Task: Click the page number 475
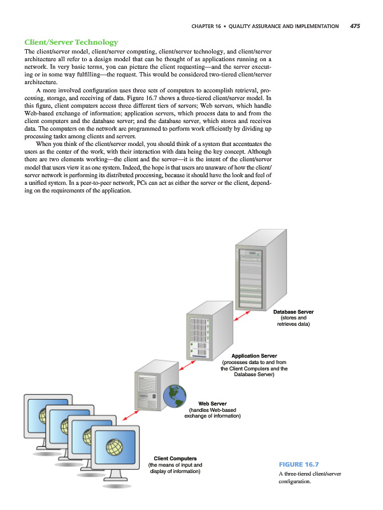pyautogui.click(x=355, y=26)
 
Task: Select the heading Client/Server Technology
pyautogui.click(x=71, y=42)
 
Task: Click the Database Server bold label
pyautogui.click(x=294, y=311)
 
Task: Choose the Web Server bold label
pyautogui.click(x=212, y=404)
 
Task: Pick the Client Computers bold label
pyautogui.click(x=175, y=458)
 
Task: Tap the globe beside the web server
pyautogui.click(x=171, y=396)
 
